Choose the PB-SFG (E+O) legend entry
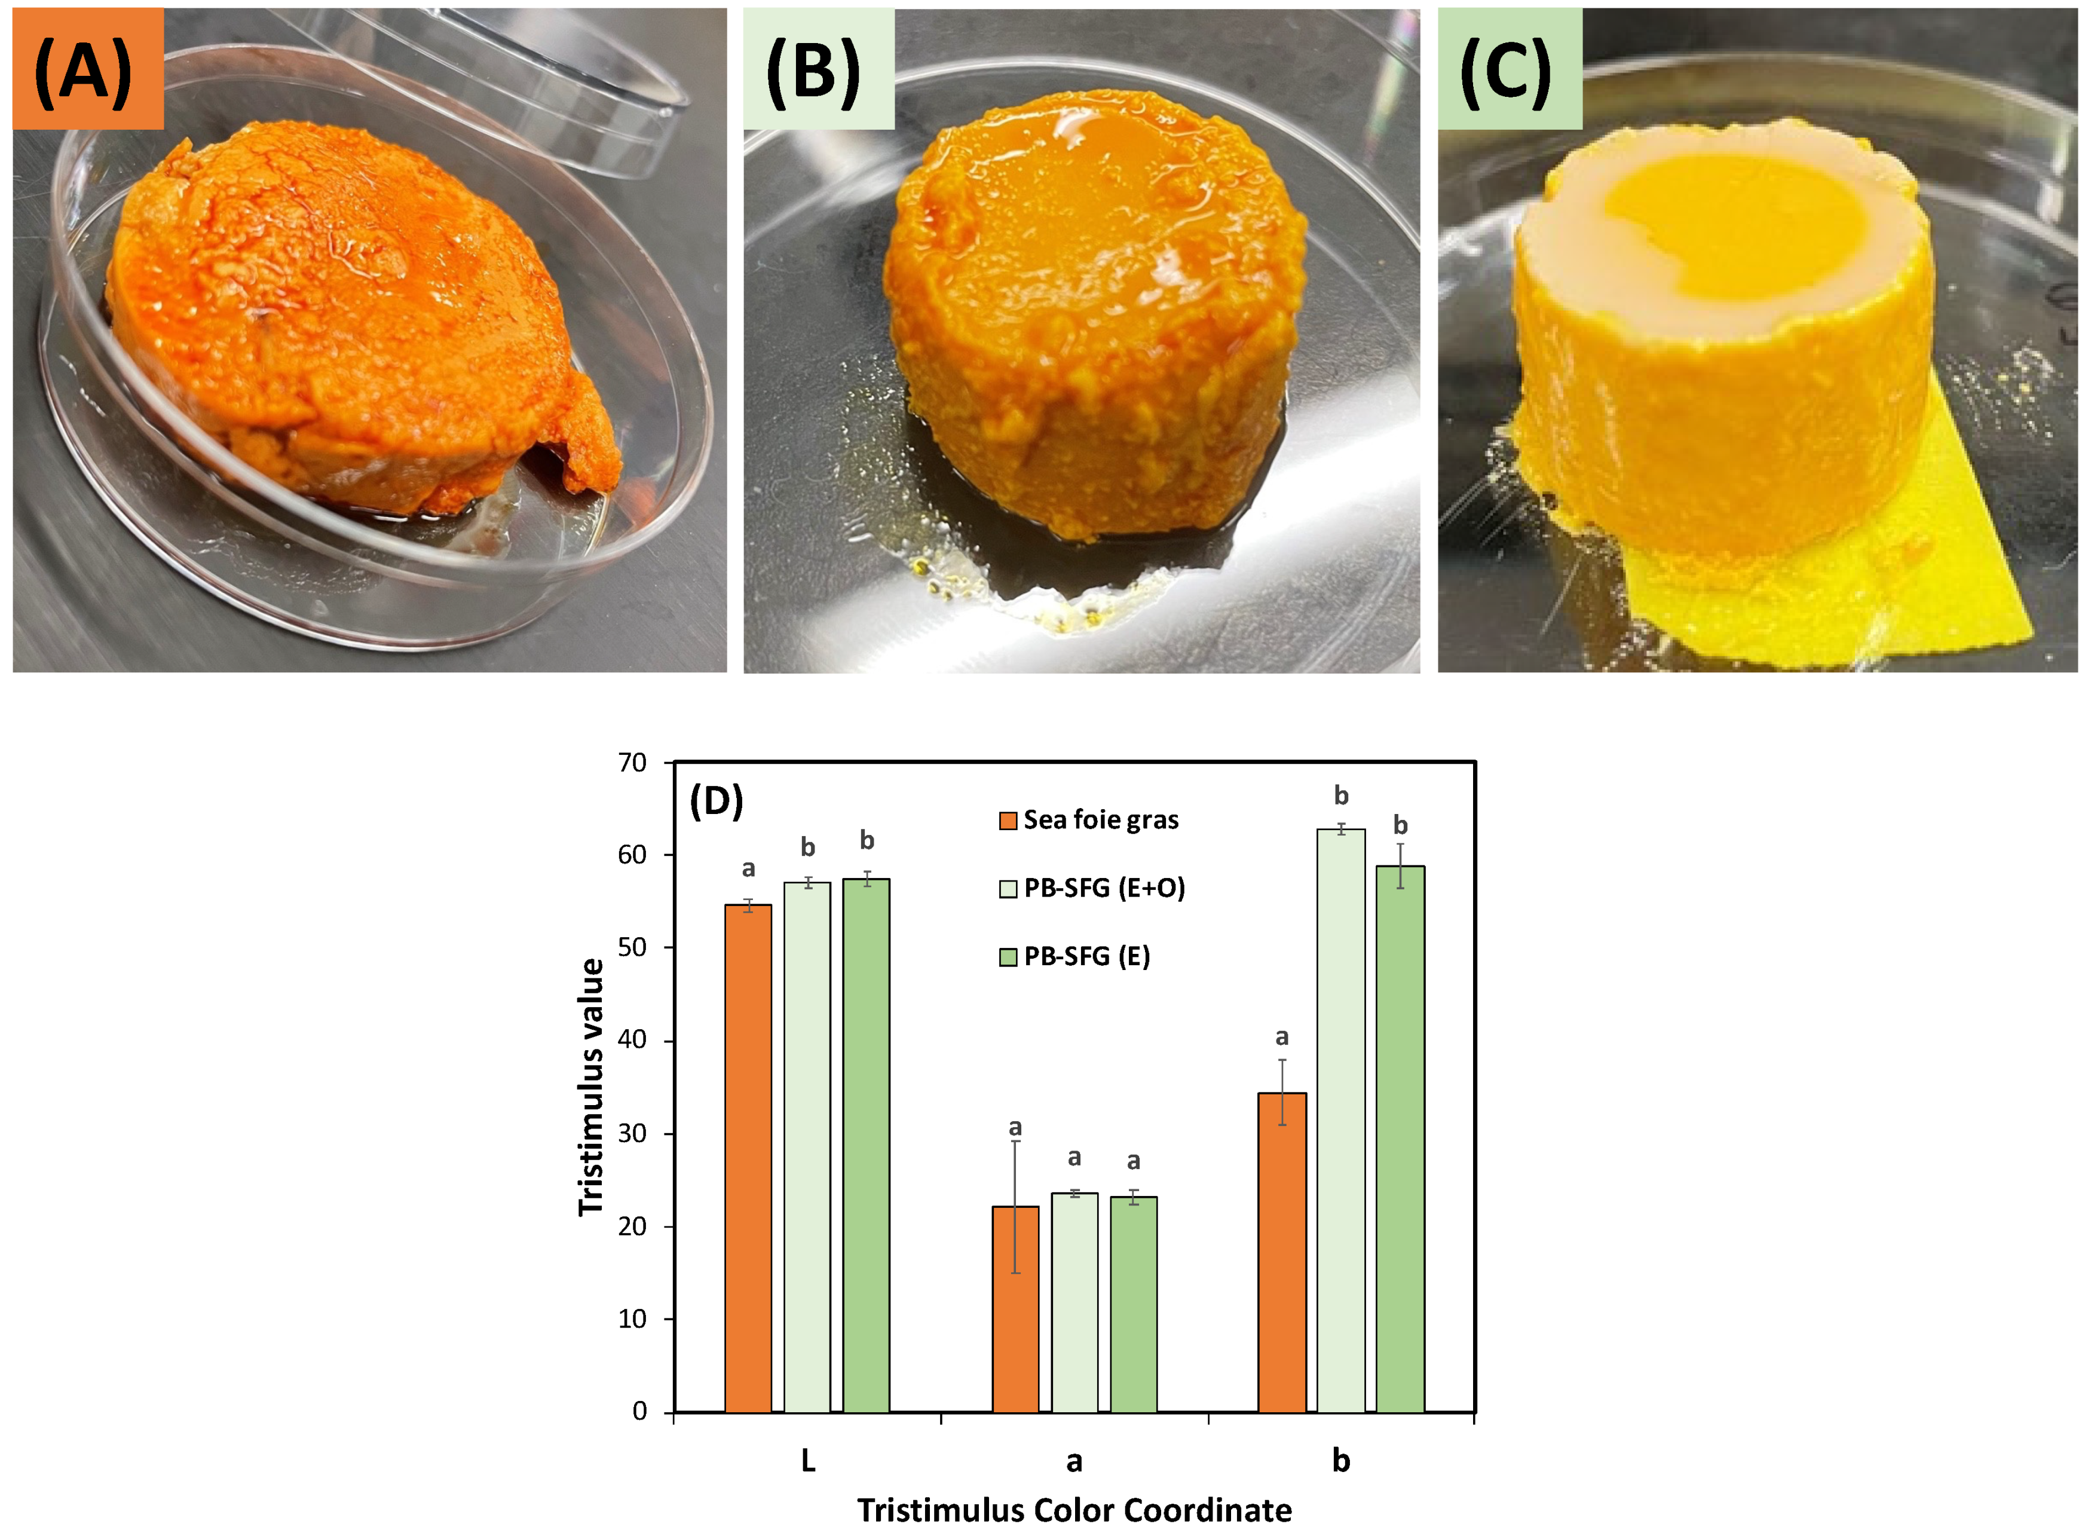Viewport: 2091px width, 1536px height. click(x=1092, y=888)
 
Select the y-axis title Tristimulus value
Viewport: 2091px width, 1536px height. click(x=591, y=1087)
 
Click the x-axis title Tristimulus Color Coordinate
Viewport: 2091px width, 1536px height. click(x=1074, y=1510)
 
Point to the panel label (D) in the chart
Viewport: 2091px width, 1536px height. click(x=716, y=800)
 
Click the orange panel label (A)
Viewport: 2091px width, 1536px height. click(x=87, y=70)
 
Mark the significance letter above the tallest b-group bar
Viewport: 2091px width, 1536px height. click(x=1340, y=796)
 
